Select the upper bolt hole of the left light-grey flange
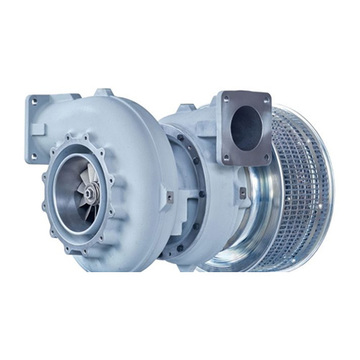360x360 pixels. [35, 104]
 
